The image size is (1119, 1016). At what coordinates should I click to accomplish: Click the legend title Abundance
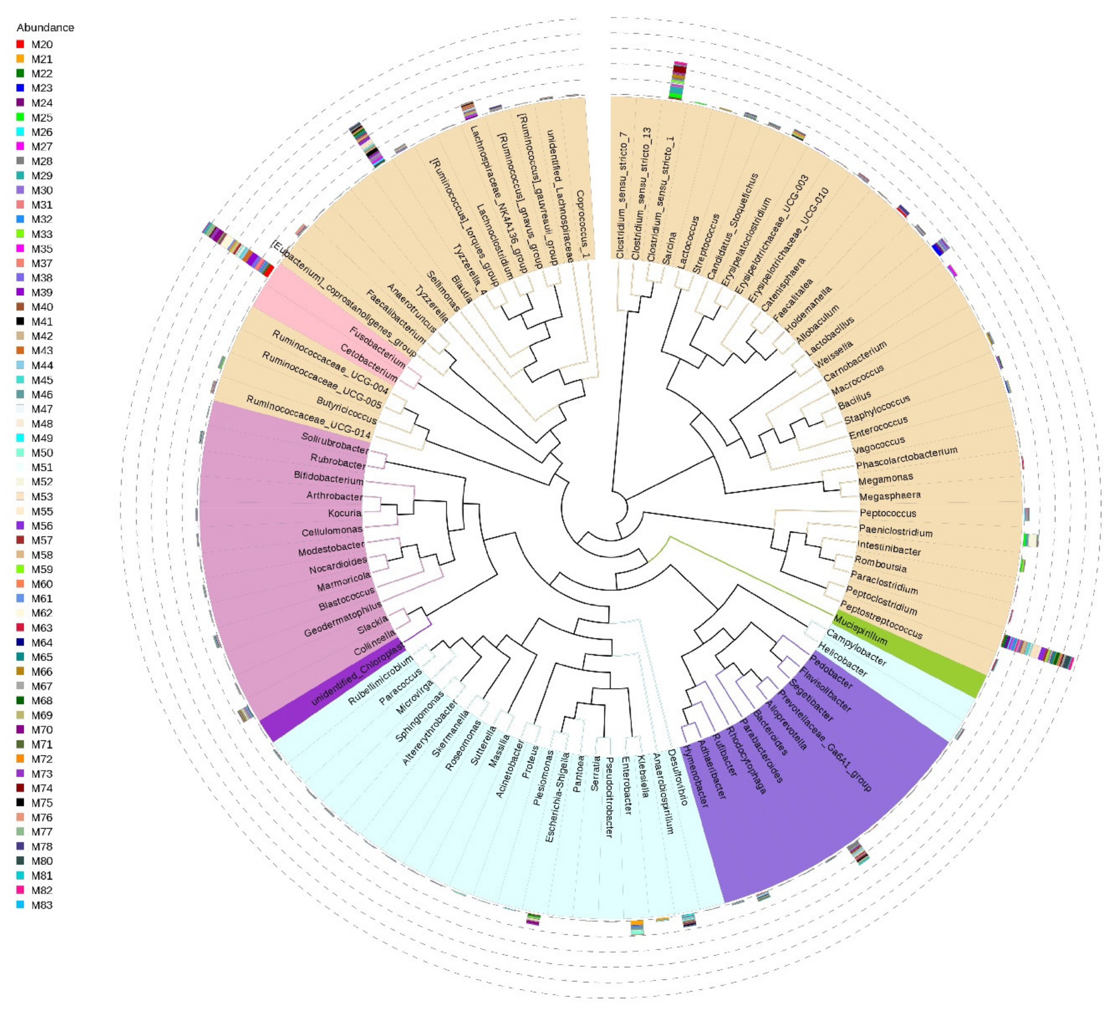tap(45, 28)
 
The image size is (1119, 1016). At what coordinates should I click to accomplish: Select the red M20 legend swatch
tap(21, 44)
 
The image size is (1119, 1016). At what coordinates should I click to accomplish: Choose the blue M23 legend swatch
tap(21, 88)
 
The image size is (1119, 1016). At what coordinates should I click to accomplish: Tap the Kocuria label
tap(345, 513)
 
